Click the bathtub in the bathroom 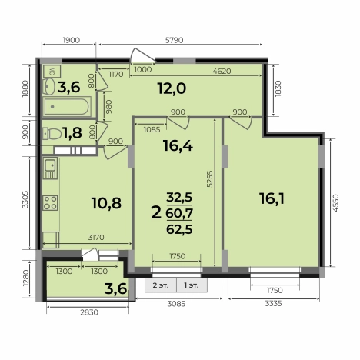tap(67, 106)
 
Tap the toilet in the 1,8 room tap(52, 134)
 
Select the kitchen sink tap(50, 168)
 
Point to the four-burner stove tap(50, 203)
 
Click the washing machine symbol tap(52, 71)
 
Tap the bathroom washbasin tap(48, 86)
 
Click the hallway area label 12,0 tap(172, 88)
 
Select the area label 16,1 tap(272, 198)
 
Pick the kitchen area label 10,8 tap(106, 203)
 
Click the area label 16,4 tap(178, 146)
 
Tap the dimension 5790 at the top tap(175, 40)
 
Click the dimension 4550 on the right tap(335, 203)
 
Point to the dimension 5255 tap(210, 178)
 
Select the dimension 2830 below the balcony tap(89, 312)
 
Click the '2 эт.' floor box tap(161, 285)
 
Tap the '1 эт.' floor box tap(192, 285)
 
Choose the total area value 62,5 tap(179, 229)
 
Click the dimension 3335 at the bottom tap(273, 304)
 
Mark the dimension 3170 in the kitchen tap(96, 238)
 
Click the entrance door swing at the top tap(142, 55)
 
